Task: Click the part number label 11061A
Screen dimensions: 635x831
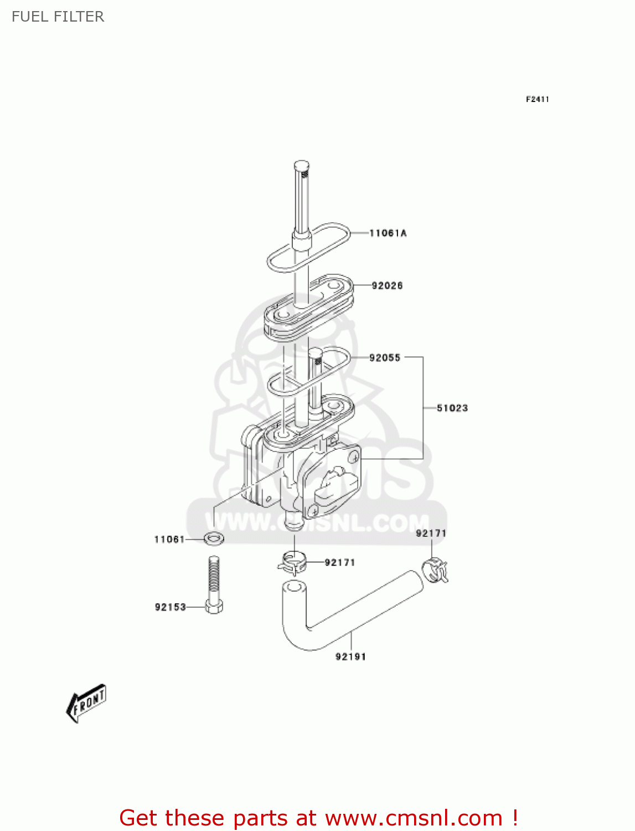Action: [x=388, y=233]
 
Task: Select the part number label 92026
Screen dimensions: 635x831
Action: [x=387, y=286]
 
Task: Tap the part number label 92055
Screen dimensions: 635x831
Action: [x=385, y=358]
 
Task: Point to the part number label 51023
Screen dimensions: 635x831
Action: [x=452, y=408]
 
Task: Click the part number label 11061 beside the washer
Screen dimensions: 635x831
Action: [x=169, y=540]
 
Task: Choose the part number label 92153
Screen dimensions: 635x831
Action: [x=170, y=607]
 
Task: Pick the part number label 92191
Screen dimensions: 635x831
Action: [x=350, y=657]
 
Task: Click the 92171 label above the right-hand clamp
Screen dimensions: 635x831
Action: [x=431, y=534]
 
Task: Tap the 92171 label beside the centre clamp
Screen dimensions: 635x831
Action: [x=339, y=563]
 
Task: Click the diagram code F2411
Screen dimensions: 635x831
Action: [x=537, y=99]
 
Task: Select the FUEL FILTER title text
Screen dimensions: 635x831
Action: [x=58, y=17]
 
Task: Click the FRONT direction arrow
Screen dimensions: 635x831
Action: [x=86, y=703]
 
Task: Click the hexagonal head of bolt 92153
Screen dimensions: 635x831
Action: [x=214, y=607]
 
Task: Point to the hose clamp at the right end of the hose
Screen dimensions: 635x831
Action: [x=435, y=571]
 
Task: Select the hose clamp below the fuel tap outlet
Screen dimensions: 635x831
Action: [x=292, y=562]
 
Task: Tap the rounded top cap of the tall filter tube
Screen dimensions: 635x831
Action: [x=301, y=165]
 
